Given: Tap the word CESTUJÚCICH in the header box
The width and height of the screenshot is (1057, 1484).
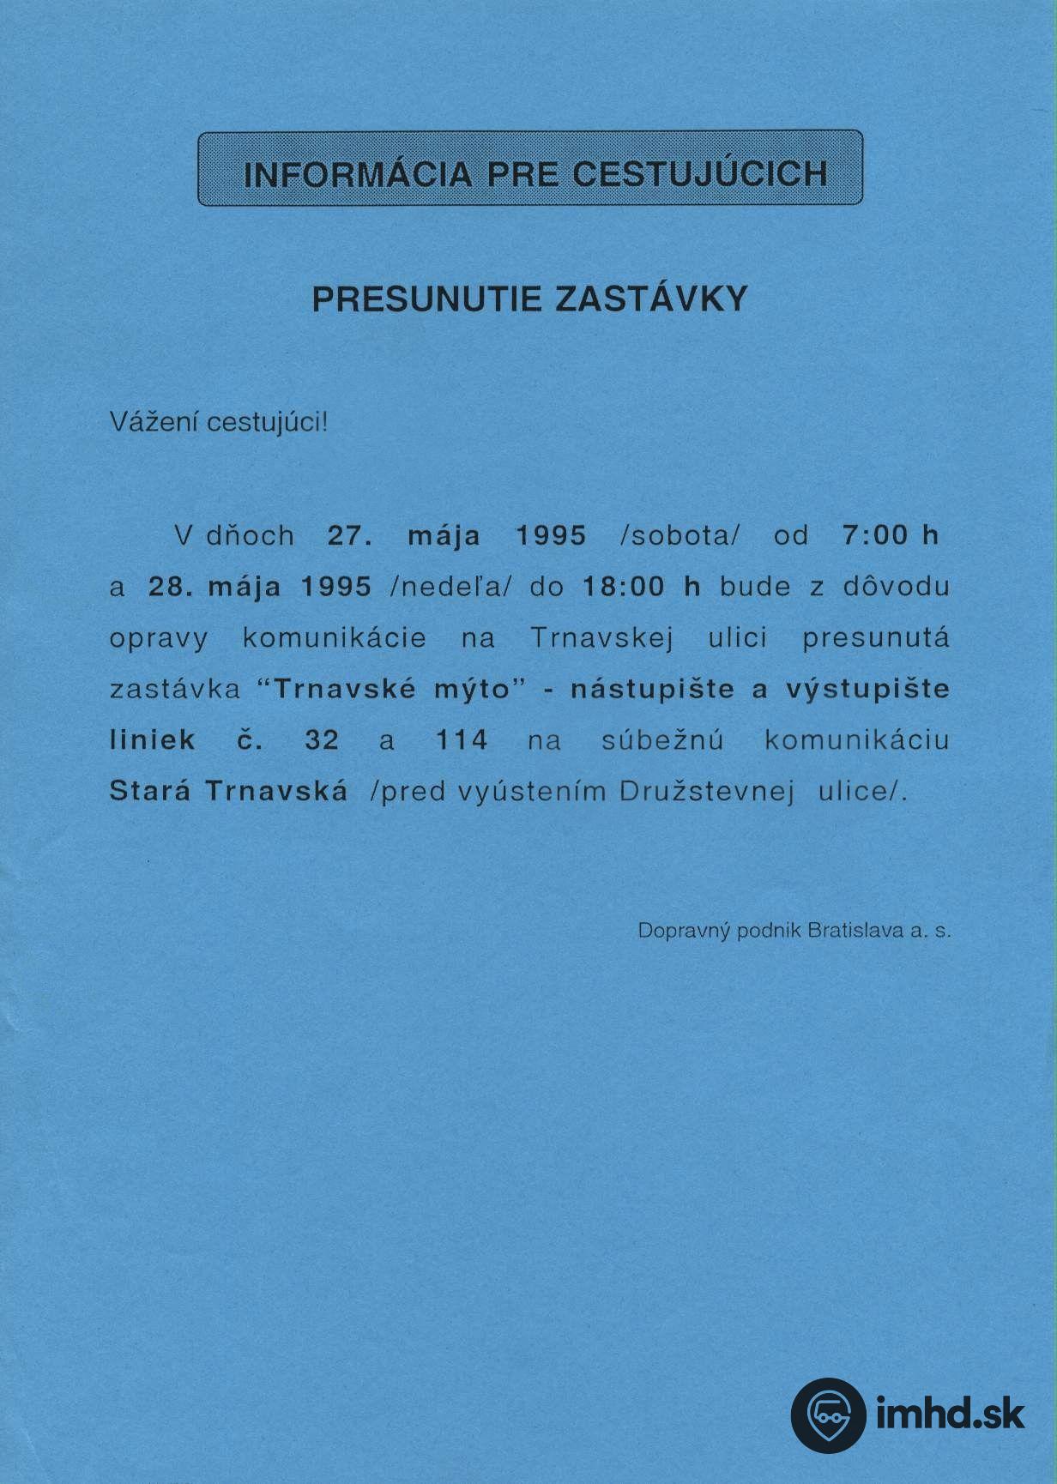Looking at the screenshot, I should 700,174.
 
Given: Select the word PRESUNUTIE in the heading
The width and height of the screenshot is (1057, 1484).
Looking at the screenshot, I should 426,299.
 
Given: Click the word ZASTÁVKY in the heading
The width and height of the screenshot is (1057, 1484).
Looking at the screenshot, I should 652,299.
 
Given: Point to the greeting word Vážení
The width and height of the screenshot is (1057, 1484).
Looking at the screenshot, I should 153,422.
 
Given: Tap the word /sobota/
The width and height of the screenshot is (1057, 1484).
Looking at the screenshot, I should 679,536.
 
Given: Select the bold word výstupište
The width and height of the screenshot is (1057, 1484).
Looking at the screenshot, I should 867,690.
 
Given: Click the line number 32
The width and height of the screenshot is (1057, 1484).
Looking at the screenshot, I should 323,740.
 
